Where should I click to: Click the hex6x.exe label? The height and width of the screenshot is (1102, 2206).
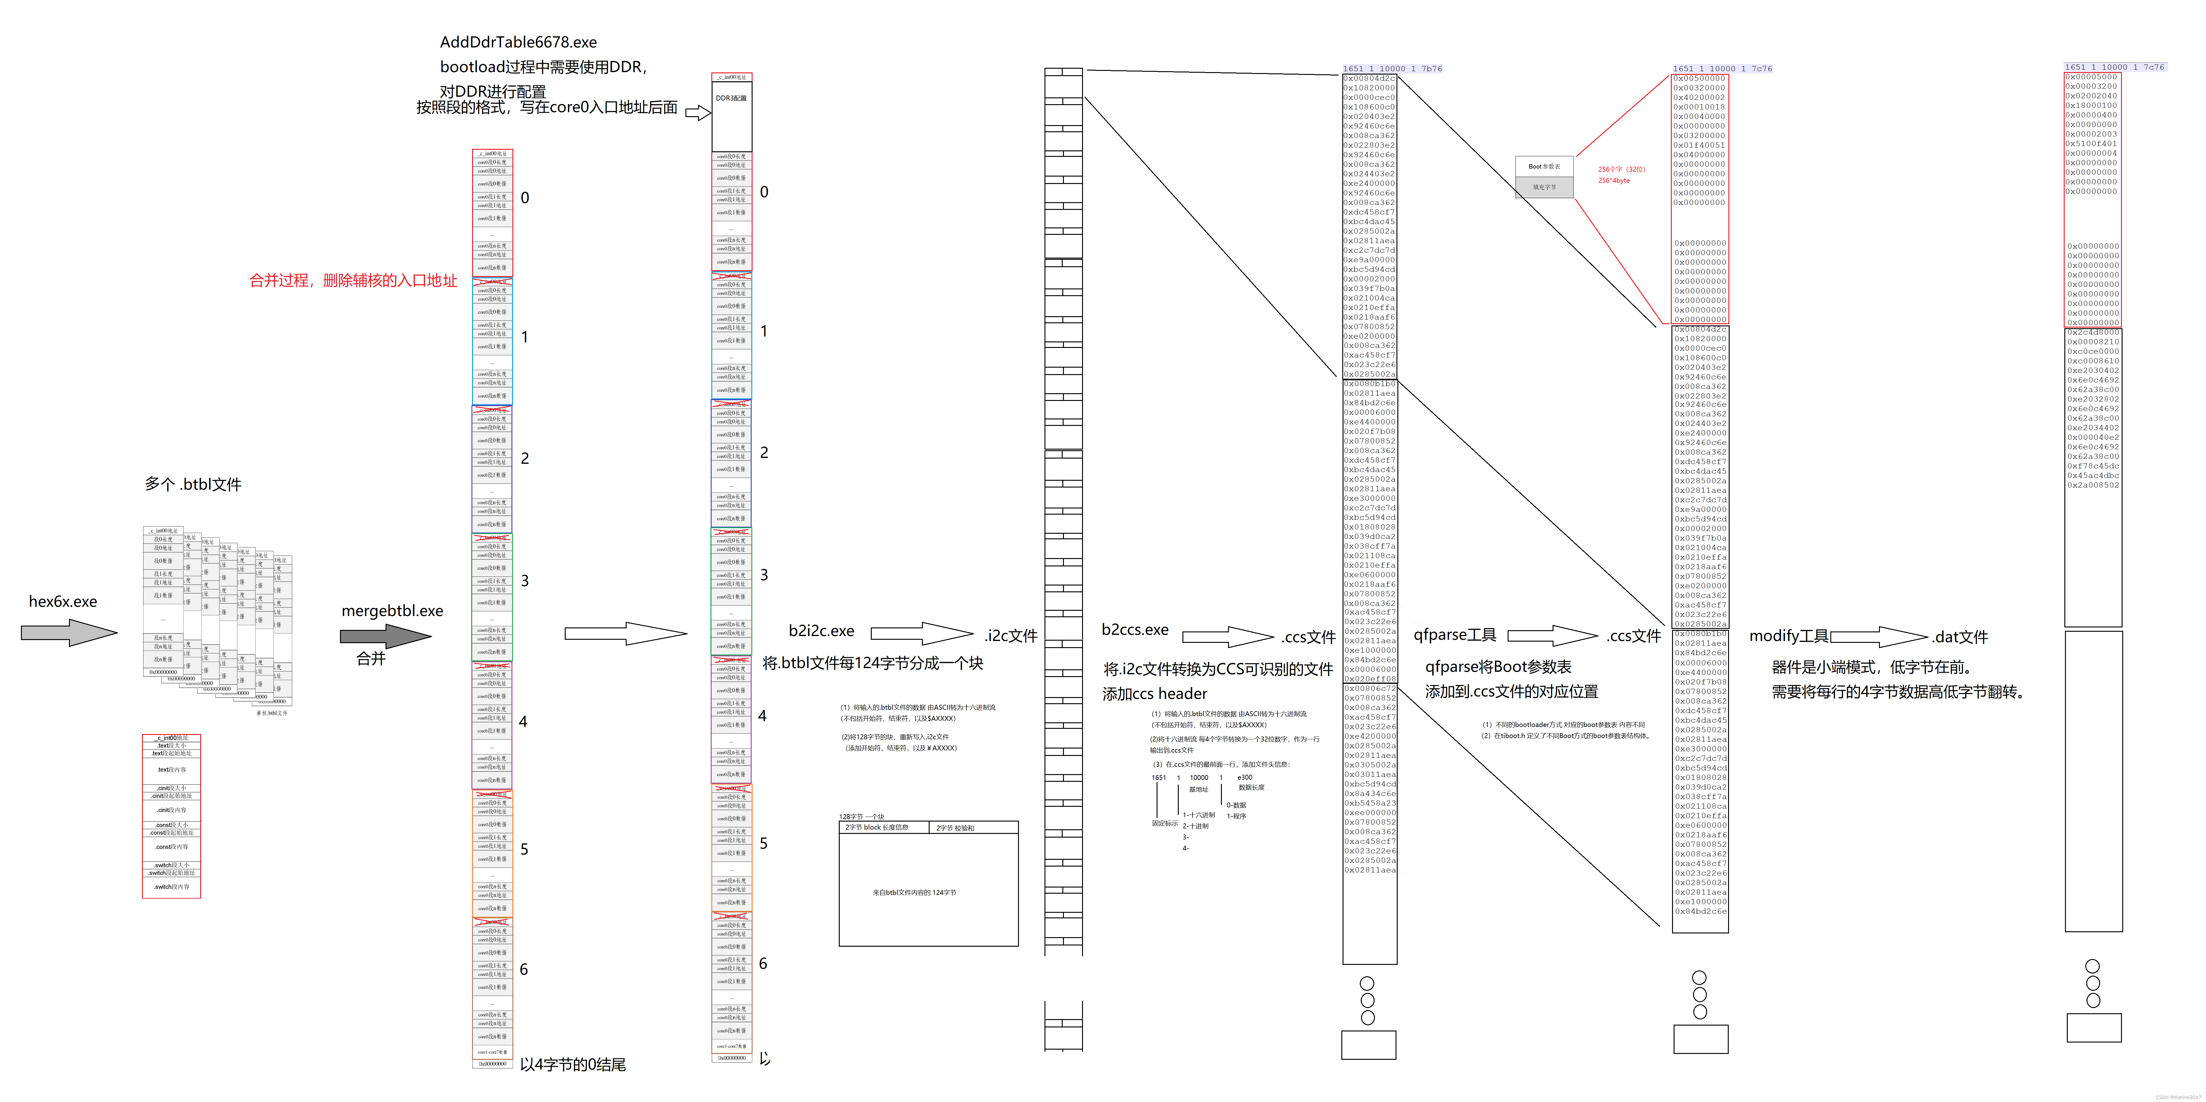63,602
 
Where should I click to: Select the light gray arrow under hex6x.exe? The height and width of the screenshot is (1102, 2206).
68,632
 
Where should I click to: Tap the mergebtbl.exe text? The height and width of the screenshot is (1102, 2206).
392,611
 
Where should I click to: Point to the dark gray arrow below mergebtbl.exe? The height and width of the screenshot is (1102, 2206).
385,636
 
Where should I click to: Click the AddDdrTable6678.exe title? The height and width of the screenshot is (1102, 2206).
518,42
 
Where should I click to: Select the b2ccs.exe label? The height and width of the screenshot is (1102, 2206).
1135,630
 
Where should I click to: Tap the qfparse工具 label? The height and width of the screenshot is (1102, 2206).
1454,635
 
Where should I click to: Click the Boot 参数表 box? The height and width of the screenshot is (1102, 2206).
1544,166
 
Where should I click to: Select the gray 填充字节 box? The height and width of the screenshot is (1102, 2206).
1544,187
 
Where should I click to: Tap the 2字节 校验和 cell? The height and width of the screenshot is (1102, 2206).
973,828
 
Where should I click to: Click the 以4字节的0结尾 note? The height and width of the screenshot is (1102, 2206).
572,1064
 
